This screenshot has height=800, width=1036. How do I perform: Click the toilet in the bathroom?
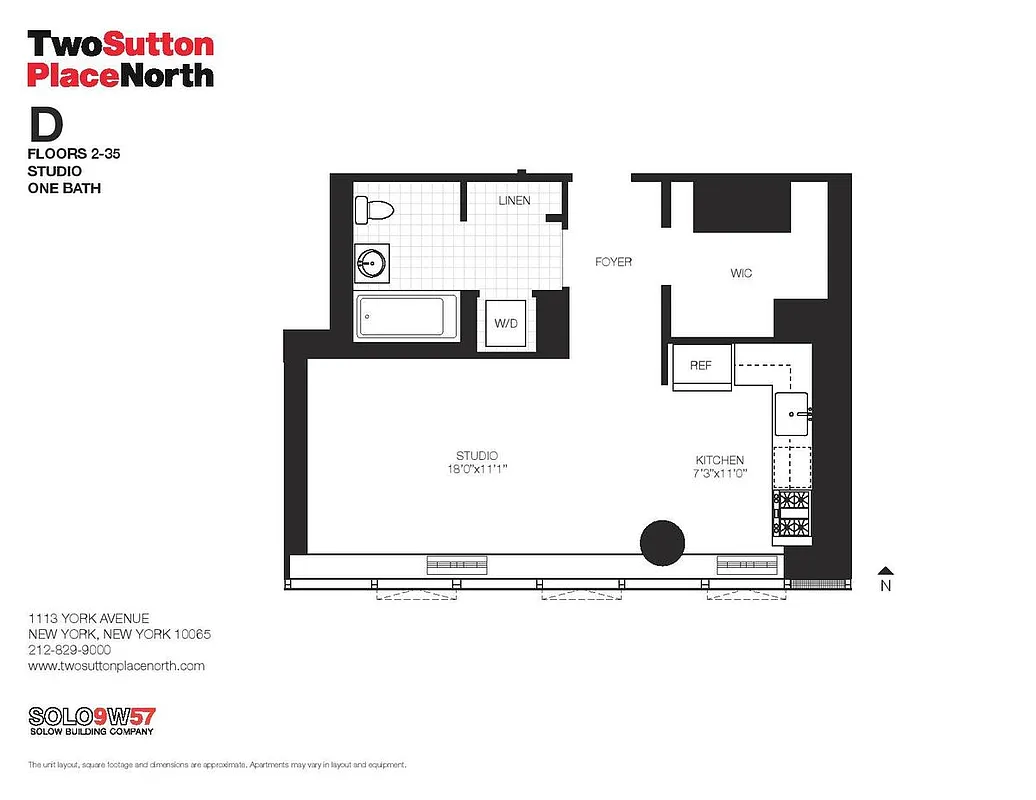[x=375, y=210]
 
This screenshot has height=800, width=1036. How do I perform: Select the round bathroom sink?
[x=372, y=264]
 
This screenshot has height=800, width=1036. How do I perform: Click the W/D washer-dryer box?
[x=505, y=324]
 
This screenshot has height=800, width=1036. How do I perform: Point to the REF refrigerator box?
[x=701, y=365]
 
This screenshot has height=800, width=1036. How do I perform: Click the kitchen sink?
[x=793, y=413]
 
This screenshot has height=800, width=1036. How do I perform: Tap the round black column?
[x=662, y=541]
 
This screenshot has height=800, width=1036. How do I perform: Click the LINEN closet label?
[x=514, y=201]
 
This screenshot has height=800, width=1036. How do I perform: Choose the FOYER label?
[x=613, y=262]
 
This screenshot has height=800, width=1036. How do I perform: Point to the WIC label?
[x=741, y=273]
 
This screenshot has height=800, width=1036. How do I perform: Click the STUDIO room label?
[x=477, y=456]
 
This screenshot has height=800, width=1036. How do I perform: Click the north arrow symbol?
[x=884, y=569]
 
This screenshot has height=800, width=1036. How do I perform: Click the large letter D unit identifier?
[x=46, y=124]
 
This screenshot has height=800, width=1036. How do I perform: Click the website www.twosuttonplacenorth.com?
[x=116, y=665]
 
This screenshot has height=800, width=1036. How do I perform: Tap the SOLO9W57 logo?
[x=92, y=717]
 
